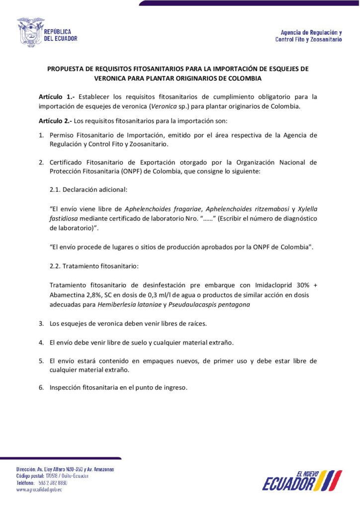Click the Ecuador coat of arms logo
coord(31,32)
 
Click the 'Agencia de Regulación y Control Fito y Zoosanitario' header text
coord(308,35)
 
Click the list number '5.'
coord(42,361)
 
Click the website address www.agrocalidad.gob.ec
coord(39,490)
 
